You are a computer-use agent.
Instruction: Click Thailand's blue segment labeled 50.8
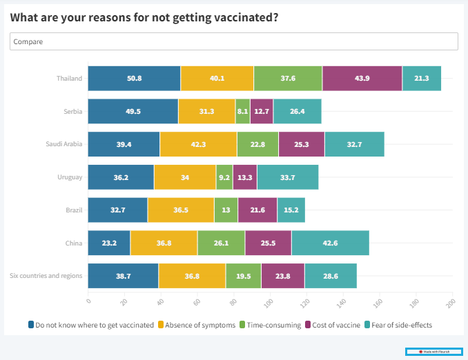tap(134, 79)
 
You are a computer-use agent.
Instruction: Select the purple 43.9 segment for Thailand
tap(362, 79)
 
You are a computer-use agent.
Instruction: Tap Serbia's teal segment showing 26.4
tap(298, 111)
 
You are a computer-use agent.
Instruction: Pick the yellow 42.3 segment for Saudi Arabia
tap(198, 144)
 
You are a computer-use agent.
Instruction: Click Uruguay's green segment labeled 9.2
tap(224, 177)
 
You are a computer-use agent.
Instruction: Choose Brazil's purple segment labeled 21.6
tap(257, 210)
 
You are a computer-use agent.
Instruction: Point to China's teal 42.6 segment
tap(330, 243)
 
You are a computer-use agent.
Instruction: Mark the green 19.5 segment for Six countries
tap(243, 275)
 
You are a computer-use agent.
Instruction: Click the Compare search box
tap(234, 41)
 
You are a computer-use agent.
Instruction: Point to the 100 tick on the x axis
tap(269, 301)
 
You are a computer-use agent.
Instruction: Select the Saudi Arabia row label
tap(64, 144)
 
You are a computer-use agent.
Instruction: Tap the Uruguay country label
tap(70, 177)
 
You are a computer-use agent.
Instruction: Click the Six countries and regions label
tap(46, 275)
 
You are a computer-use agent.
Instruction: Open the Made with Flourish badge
tap(433, 352)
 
